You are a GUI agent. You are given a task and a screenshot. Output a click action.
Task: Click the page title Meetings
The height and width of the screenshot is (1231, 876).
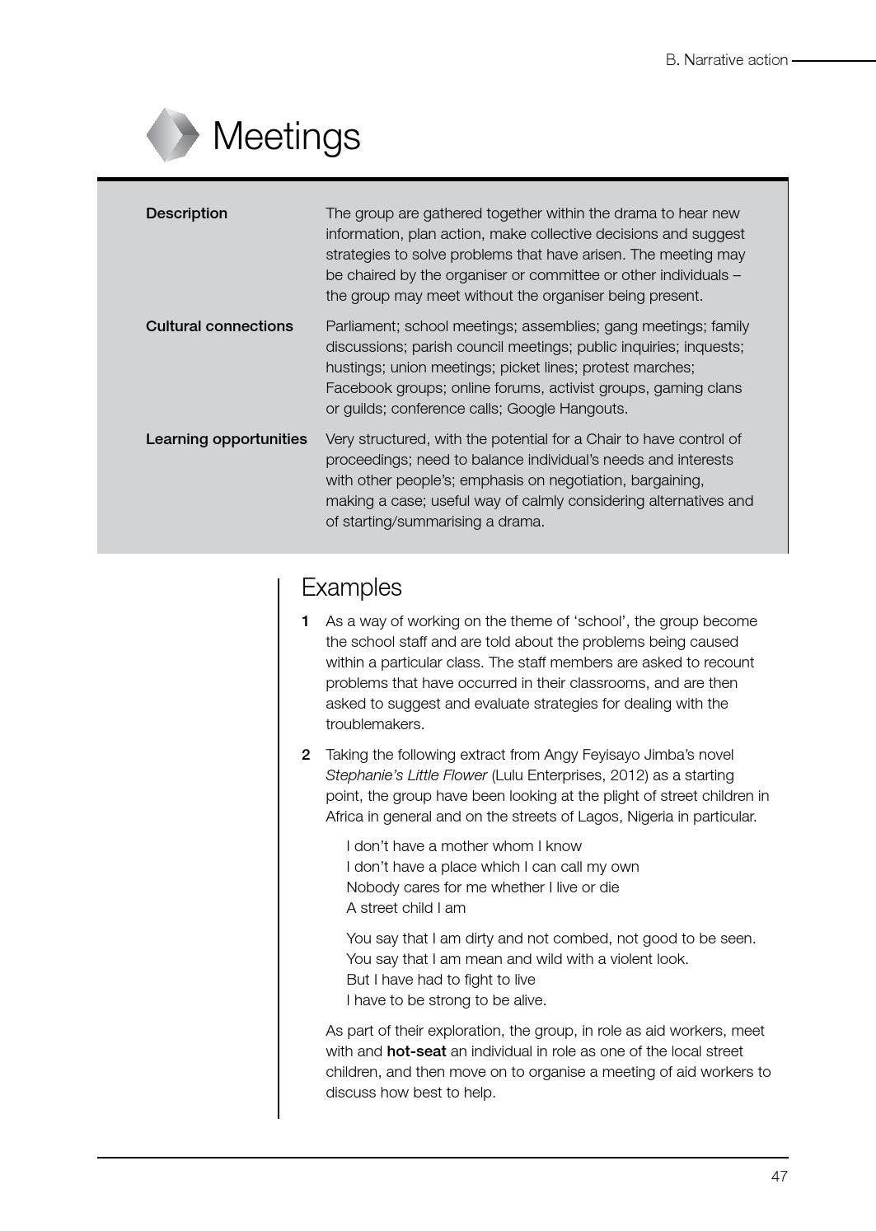tap(286, 136)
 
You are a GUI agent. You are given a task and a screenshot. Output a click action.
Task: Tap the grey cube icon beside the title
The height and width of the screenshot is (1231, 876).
tap(172, 134)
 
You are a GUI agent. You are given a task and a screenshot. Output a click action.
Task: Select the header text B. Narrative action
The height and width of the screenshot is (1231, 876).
tap(726, 60)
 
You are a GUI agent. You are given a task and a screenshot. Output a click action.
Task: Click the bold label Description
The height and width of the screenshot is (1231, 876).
tap(186, 213)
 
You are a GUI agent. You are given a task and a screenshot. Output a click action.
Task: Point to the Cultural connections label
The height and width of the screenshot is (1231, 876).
tap(219, 326)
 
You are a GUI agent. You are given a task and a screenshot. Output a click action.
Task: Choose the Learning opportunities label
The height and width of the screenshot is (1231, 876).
tap(226, 439)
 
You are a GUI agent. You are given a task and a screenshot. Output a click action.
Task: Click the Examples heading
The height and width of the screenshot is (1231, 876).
tap(351, 587)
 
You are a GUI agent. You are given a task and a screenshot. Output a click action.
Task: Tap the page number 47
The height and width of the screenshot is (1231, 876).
tap(779, 1177)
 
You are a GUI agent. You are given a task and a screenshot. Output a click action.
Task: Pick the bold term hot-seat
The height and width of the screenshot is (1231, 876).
tap(416, 1051)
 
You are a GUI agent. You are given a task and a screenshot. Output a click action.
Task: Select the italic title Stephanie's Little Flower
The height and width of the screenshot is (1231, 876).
tap(406, 775)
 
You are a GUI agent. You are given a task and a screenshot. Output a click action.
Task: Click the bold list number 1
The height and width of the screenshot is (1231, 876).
tap(306, 621)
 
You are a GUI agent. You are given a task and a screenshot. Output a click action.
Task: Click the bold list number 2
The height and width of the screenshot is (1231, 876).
tap(306, 755)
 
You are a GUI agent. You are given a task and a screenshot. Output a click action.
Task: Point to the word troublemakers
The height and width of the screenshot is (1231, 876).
tap(375, 724)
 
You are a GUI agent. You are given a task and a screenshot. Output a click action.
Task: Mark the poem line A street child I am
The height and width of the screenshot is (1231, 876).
tap(405, 908)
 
